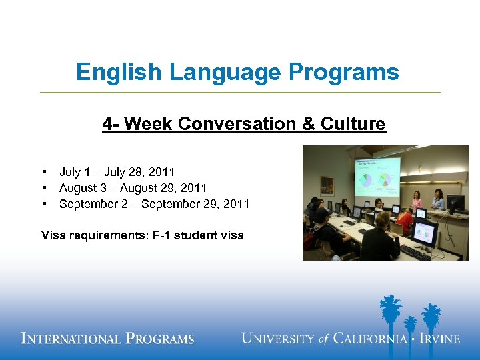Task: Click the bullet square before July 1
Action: [x=43, y=173]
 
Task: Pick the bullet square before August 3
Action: [x=43, y=189]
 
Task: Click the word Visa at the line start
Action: [x=53, y=235]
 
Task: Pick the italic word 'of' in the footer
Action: [x=324, y=339]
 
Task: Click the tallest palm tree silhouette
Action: [x=390, y=313]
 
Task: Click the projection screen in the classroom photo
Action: [x=377, y=177]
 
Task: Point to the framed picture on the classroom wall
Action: [x=327, y=185]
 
